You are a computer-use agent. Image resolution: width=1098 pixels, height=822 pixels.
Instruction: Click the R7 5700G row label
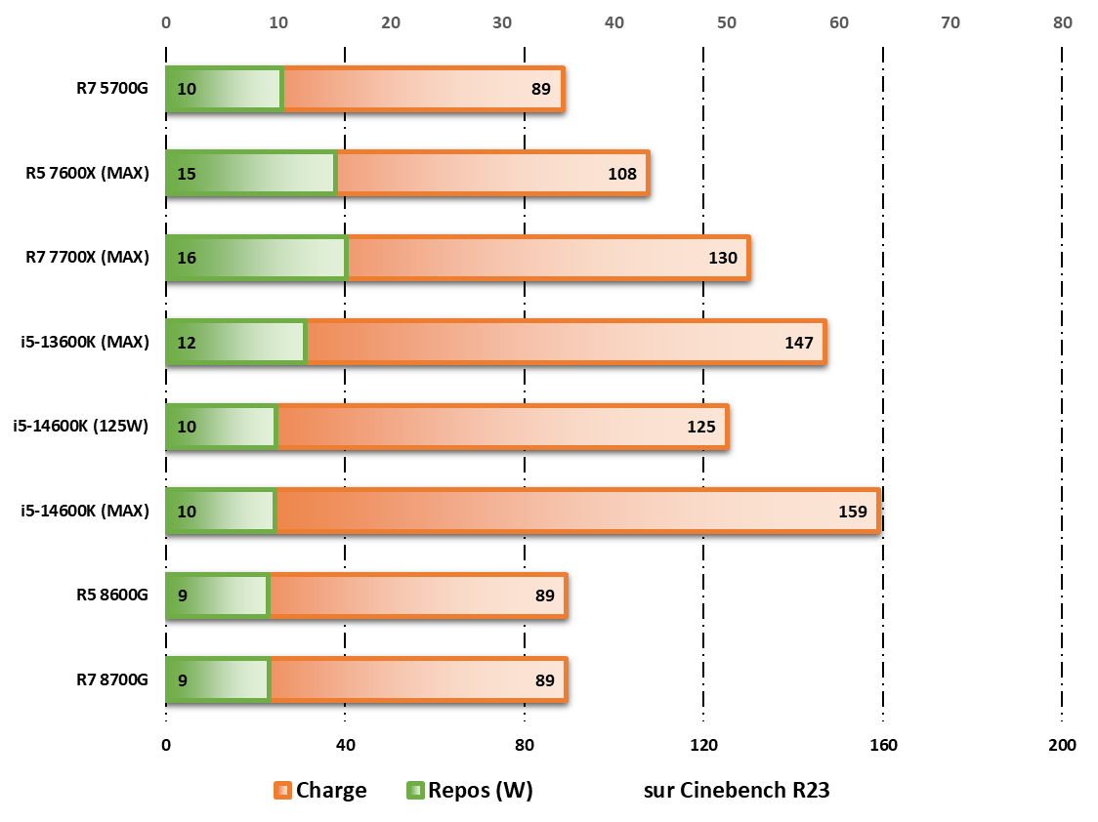click(x=112, y=90)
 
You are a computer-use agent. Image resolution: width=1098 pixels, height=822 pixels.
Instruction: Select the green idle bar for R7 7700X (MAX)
click(x=256, y=258)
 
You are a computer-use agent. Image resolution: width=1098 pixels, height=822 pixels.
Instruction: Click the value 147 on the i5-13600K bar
click(x=798, y=343)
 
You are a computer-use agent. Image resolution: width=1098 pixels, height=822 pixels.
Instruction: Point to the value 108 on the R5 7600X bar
click(x=621, y=175)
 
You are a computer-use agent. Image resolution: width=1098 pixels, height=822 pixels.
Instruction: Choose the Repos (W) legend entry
click(x=469, y=791)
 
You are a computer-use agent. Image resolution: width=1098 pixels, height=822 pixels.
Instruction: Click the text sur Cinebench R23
click(x=737, y=791)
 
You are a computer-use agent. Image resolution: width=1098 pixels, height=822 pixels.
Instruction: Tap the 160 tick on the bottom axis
click(x=883, y=746)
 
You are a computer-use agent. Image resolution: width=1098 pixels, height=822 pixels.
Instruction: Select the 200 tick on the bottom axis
click(x=1062, y=746)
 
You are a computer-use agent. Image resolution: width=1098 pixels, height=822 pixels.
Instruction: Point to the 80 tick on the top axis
click(x=1062, y=22)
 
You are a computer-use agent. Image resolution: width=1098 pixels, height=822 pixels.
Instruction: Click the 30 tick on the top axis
click(x=502, y=22)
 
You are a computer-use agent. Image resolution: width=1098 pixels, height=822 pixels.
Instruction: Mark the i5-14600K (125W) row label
click(x=80, y=426)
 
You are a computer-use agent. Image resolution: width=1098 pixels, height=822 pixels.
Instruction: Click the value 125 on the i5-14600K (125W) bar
click(x=700, y=427)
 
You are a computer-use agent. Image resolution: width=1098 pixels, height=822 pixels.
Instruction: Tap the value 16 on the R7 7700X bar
click(x=187, y=259)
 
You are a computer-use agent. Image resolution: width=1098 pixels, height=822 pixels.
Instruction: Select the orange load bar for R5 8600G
click(x=417, y=596)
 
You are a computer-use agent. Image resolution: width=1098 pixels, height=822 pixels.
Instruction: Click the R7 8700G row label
click(x=112, y=679)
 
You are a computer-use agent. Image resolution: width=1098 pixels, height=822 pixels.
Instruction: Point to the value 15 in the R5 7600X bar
click(x=187, y=175)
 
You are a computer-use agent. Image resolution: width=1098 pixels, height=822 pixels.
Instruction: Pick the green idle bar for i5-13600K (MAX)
click(x=235, y=342)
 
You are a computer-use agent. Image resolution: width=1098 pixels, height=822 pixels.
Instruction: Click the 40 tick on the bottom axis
click(x=345, y=746)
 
